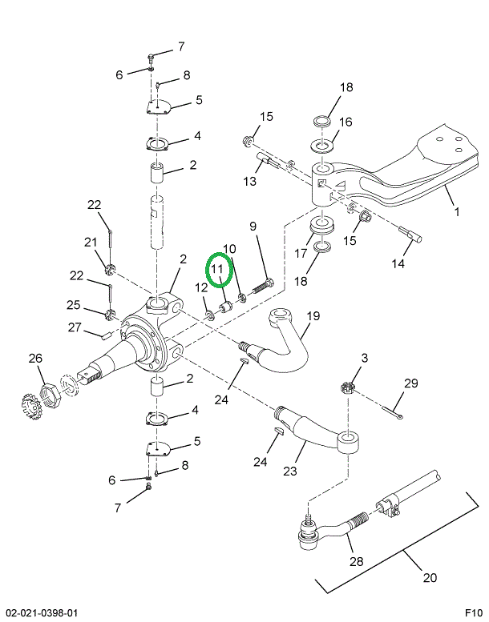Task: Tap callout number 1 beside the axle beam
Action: click(456, 212)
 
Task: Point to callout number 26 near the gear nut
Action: click(35, 359)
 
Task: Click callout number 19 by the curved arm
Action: click(312, 317)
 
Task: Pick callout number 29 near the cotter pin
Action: click(410, 384)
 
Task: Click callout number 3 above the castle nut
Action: click(364, 358)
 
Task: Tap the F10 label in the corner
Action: click(474, 613)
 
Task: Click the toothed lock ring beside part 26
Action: click(31, 404)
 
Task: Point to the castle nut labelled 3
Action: click(348, 387)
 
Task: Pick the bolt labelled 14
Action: click(409, 233)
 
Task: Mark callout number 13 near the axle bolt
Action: click(250, 182)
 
